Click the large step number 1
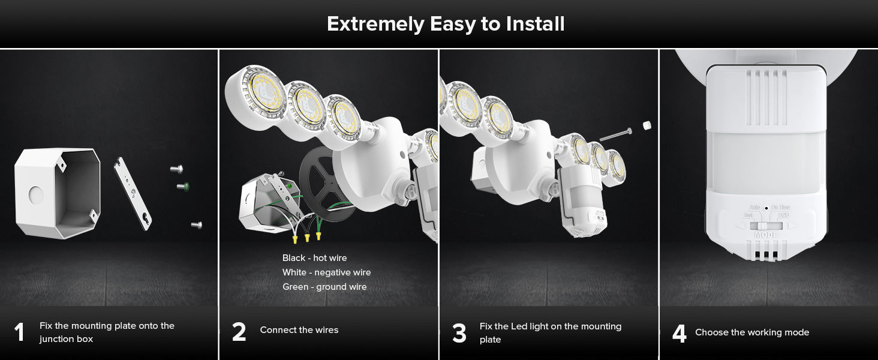tap(19, 332)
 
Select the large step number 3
tap(459, 333)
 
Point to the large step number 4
tap(679, 333)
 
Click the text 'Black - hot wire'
tap(314, 258)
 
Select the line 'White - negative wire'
tap(326, 272)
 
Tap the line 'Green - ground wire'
tap(324, 287)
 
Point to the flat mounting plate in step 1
tap(133, 193)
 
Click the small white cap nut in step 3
tap(647, 125)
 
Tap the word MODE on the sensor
tap(765, 235)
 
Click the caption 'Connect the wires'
tap(299, 330)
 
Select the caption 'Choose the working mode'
tap(752, 332)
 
